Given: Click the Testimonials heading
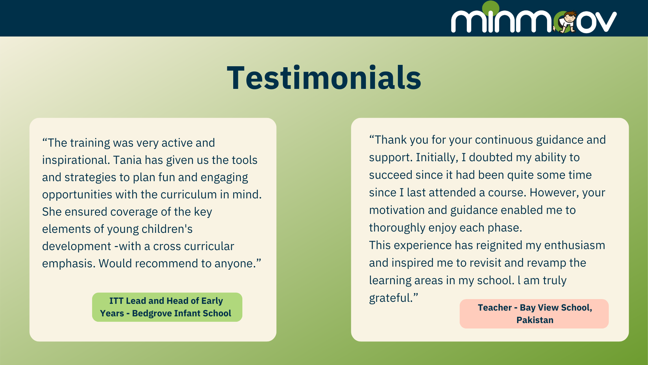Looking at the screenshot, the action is click(324, 78).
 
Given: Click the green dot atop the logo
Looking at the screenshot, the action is click(491, 7).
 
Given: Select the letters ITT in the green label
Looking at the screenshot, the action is click(116, 301).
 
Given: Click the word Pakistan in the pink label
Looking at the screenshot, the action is click(535, 320).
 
